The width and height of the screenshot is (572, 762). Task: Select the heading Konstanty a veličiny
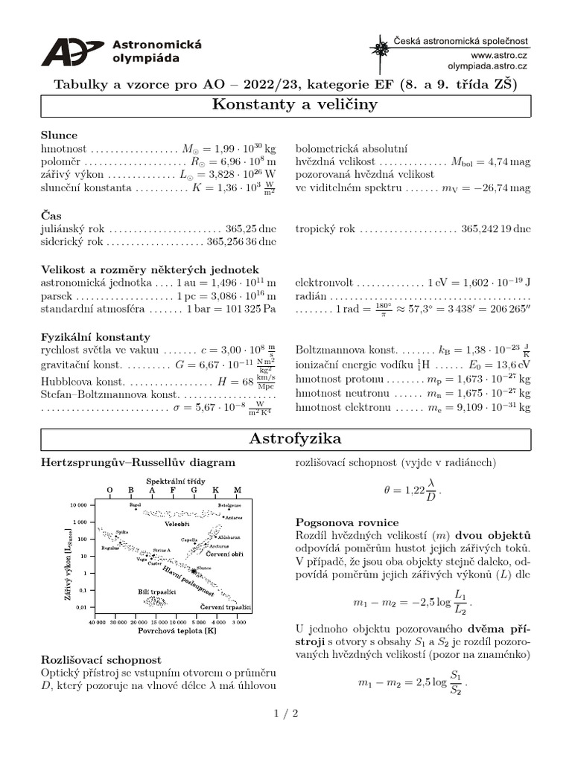(285, 105)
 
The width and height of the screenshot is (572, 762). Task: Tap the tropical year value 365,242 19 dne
(496, 229)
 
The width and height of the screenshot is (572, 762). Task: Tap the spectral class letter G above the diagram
(194, 490)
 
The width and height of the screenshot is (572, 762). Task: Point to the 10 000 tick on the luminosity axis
(78, 505)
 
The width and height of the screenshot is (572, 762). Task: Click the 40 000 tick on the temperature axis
(97, 621)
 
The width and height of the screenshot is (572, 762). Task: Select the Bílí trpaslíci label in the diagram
(156, 590)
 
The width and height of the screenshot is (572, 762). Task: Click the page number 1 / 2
(285, 713)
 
